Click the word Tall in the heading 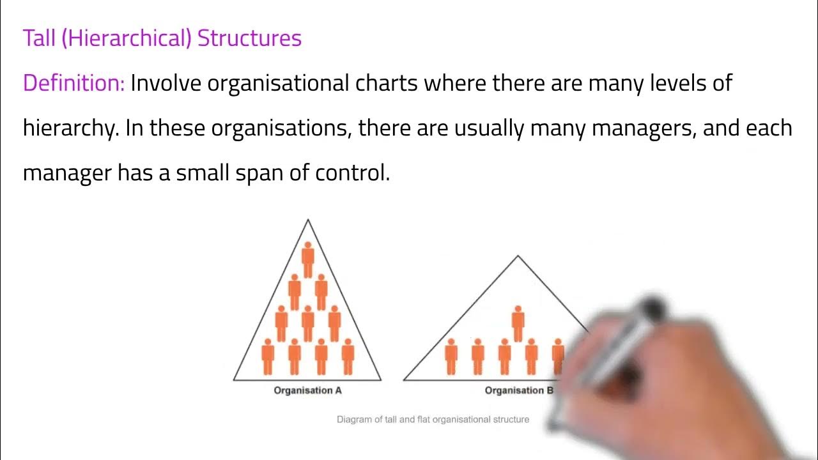pos(40,38)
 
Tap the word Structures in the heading pos(249,38)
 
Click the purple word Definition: pos(73,84)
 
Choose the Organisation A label pos(307,390)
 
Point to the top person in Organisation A pos(307,259)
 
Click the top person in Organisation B pos(518,323)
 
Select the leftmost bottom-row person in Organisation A pos(268,356)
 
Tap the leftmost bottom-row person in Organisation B pos(451,356)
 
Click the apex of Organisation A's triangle pos(308,220)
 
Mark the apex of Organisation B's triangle pos(518,257)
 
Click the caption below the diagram pos(433,420)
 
